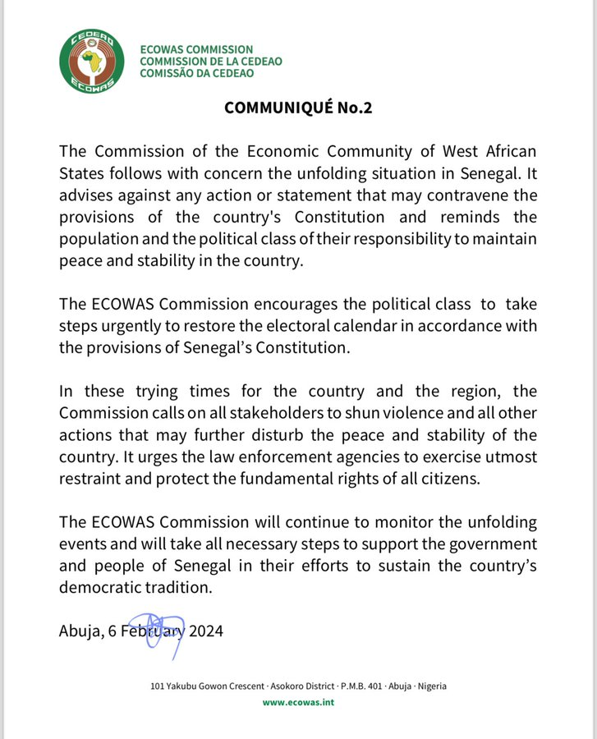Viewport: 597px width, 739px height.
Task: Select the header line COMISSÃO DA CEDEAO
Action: (196, 73)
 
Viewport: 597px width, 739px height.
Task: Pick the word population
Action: (99, 239)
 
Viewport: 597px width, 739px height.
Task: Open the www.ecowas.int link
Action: (298, 702)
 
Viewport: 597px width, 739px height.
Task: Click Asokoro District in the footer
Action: (299, 686)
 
